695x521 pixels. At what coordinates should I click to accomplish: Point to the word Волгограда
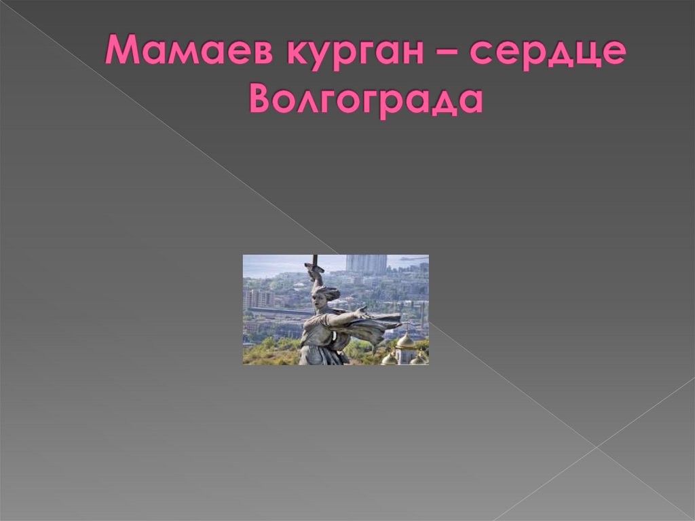click(x=366, y=100)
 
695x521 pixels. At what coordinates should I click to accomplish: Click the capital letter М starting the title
click(x=121, y=52)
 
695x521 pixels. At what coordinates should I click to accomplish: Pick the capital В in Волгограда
click(x=262, y=99)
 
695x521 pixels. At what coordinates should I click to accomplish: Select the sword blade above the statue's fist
click(x=314, y=259)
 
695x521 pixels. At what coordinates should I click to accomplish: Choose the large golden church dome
click(x=405, y=340)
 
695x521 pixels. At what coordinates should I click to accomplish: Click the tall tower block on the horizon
click(x=366, y=263)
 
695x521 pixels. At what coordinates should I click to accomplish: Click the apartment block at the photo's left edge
click(x=257, y=298)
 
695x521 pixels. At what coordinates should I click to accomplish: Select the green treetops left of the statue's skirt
click(x=271, y=352)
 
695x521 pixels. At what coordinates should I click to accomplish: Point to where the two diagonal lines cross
click(x=597, y=446)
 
